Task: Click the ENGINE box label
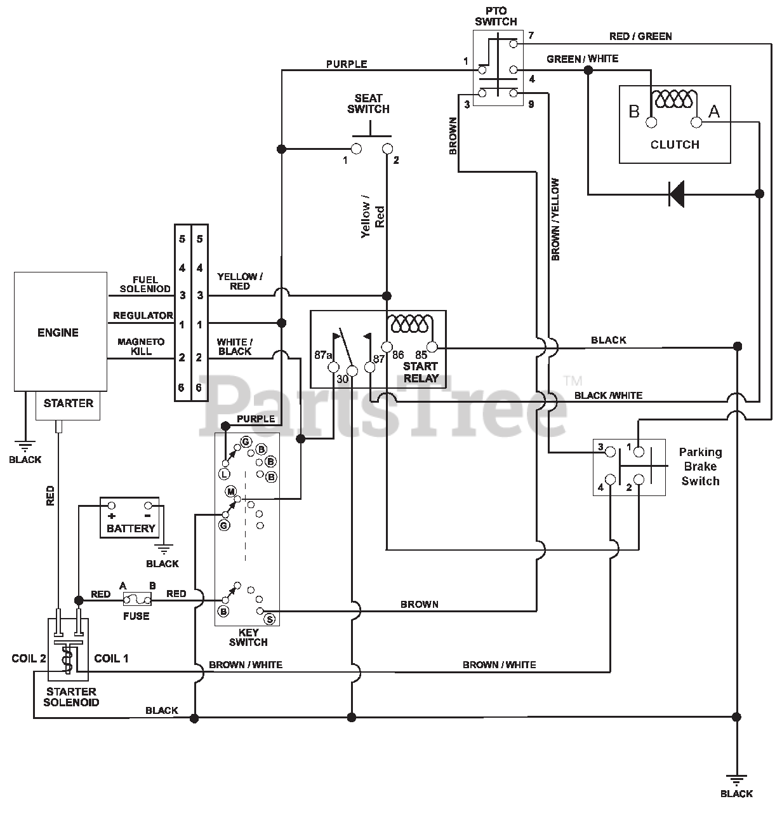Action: [x=58, y=333]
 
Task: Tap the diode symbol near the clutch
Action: [x=677, y=194]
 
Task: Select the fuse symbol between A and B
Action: [x=137, y=600]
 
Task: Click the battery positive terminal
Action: [x=112, y=506]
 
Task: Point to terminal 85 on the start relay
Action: [x=432, y=347]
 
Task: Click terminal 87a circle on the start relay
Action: [x=333, y=367]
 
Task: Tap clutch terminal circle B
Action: [x=651, y=123]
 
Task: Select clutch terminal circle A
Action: [x=696, y=123]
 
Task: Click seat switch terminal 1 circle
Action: [x=356, y=149]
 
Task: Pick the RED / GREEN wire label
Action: [x=640, y=36]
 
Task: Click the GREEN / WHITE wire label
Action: [x=583, y=59]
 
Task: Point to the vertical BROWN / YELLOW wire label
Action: [x=555, y=219]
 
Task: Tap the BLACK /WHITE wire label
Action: [x=608, y=395]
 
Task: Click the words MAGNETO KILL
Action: [x=141, y=346]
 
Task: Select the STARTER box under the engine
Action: [x=68, y=405]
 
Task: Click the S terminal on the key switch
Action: [x=270, y=619]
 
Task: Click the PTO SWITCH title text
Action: [x=496, y=17]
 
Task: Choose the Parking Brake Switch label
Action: [x=700, y=466]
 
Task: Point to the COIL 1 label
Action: [x=111, y=659]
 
